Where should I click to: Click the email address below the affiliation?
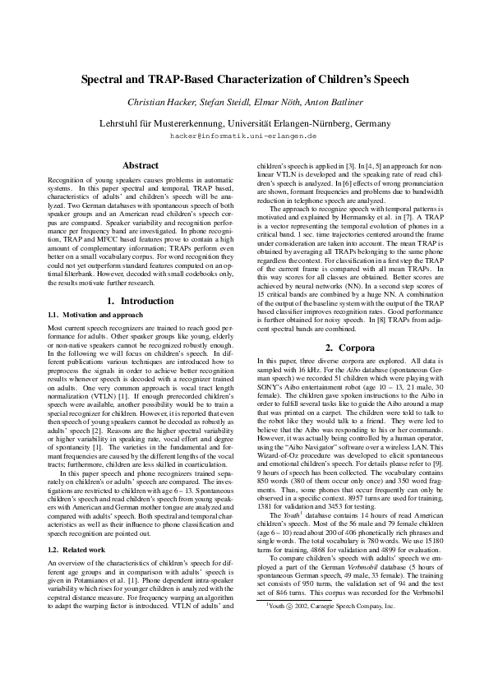point(244,134)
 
